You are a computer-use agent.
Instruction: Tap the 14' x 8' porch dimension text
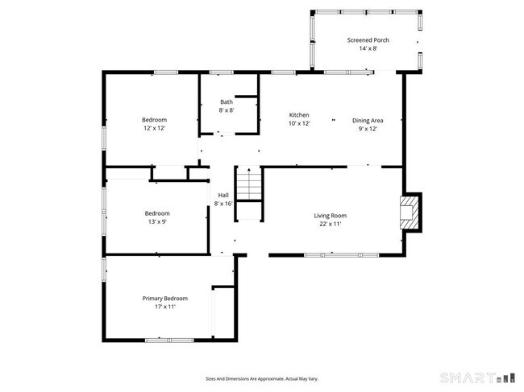(x=368, y=48)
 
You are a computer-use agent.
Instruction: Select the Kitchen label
(x=299, y=115)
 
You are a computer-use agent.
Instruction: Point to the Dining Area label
(x=367, y=120)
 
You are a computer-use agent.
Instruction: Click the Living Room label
(x=330, y=215)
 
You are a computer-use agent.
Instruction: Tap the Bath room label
(x=227, y=101)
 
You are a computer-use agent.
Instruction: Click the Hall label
(x=223, y=195)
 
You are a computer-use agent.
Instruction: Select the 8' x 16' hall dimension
(x=223, y=204)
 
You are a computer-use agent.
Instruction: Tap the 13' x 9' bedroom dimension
(x=157, y=221)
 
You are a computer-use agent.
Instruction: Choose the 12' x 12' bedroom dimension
(x=155, y=129)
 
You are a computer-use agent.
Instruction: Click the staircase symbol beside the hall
(x=249, y=185)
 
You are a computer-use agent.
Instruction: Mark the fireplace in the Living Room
(x=411, y=211)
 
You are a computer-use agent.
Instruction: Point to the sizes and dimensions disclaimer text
(x=261, y=378)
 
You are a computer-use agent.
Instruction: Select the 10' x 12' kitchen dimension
(x=299, y=124)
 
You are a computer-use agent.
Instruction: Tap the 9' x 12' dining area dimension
(x=367, y=129)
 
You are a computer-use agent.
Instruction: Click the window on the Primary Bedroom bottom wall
(x=168, y=340)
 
